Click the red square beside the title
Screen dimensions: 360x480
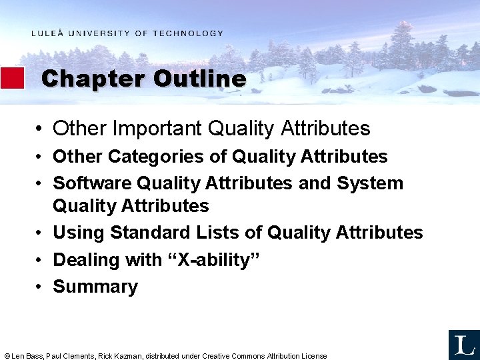click(x=12, y=78)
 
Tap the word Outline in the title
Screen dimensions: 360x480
click(x=199, y=79)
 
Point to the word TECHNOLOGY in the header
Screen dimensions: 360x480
click(x=188, y=33)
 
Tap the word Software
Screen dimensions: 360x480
click(x=92, y=183)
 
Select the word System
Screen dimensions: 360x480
click(x=370, y=183)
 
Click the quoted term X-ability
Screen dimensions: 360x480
click(x=213, y=260)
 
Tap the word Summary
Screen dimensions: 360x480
click(x=95, y=287)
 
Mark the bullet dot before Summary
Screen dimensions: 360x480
click(x=41, y=287)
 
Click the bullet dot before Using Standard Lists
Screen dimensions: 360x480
click(x=41, y=233)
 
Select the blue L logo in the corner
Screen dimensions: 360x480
click(x=463, y=345)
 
